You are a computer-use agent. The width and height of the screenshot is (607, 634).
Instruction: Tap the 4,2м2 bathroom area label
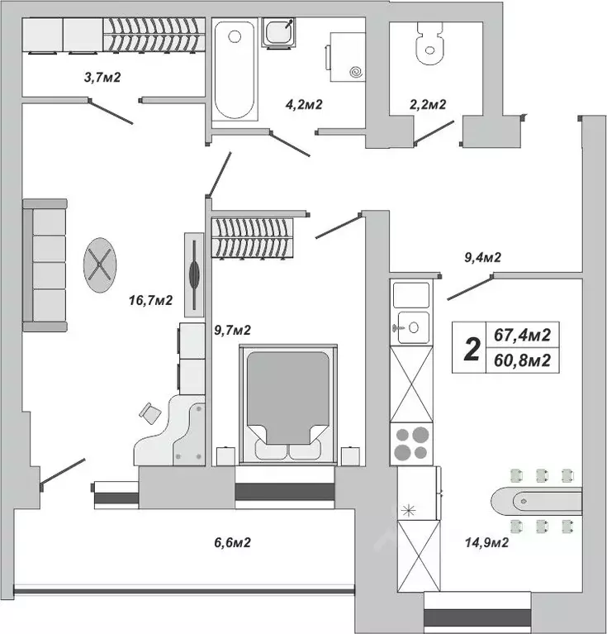pos(302,104)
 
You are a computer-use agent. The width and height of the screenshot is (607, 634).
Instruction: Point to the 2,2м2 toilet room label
pos(428,104)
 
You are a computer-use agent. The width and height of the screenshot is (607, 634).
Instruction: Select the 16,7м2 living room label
pos(151,300)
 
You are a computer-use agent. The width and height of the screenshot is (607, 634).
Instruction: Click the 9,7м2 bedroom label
pos(232,330)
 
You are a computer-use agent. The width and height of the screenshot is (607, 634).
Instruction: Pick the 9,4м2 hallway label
pos(483,258)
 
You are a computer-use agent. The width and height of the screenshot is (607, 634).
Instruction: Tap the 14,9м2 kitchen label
pos(486,543)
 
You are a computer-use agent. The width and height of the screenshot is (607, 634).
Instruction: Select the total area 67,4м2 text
pos(522,336)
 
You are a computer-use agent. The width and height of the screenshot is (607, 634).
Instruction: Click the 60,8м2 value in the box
pos(522,360)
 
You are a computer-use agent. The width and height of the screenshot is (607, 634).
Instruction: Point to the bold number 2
pos(472,349)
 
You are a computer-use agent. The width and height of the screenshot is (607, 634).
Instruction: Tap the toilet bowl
pos(429,45)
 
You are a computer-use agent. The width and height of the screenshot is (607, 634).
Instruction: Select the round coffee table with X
pos(100,265)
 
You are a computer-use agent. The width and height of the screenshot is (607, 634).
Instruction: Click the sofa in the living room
pos(45,265)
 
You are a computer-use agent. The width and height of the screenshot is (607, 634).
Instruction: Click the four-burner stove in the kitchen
pos(411,443)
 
